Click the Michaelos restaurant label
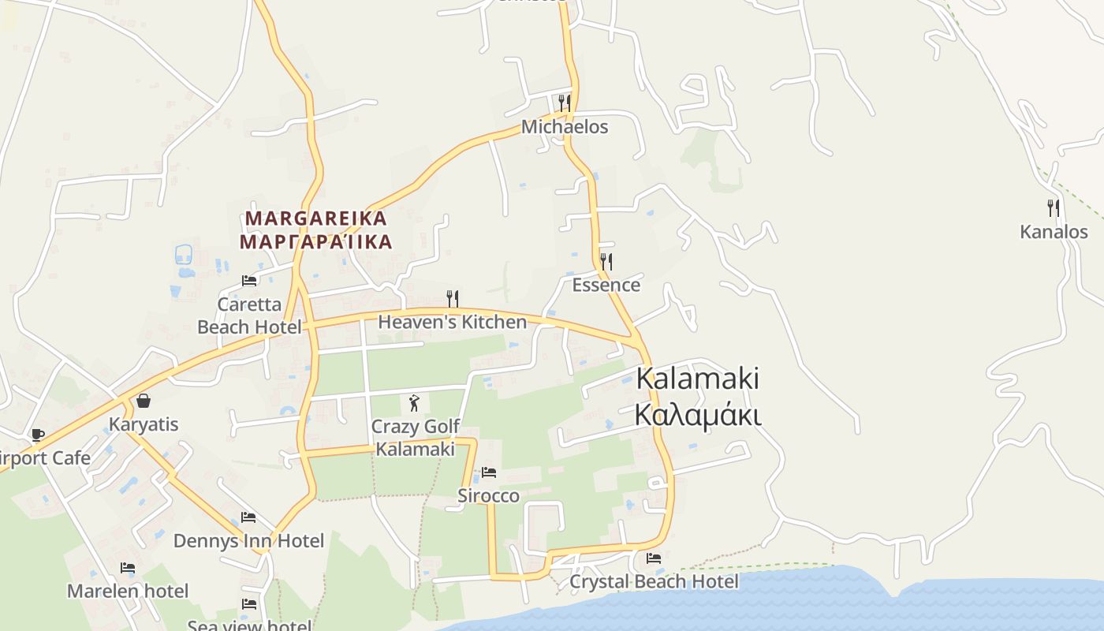click(565, 127)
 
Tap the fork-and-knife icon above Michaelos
click(564, 103)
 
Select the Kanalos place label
click(1054, 232)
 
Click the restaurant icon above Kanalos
click(1054, 208)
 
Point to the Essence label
click(606, 285)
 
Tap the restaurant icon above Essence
click(606, 261)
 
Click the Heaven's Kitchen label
click(452, 322)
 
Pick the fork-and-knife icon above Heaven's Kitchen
click(453, 298)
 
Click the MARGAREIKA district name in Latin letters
click(316, 218)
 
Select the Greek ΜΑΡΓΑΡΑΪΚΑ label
click(316, 241)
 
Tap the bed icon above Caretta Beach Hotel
click(249, 281)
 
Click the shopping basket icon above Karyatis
click(144, 401)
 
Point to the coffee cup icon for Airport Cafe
click(37, 435)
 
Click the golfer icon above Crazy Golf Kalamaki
click(415, 403)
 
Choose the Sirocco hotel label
click(488, 495)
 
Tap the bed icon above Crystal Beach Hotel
click(654, 558)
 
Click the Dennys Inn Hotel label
click(248, 541)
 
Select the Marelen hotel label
click(128, 591)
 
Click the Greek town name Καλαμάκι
click(697, 415)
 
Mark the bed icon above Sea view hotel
click(249, 604)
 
